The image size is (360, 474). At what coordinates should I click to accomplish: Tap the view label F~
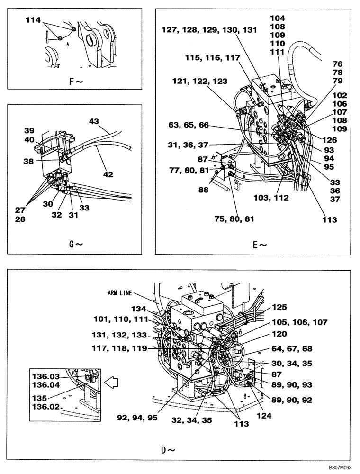point(76,81)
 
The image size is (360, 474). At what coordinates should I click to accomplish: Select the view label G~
point(76,245)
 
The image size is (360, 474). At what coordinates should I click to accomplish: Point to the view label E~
point(260,245)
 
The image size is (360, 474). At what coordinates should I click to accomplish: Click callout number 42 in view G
point(108,174)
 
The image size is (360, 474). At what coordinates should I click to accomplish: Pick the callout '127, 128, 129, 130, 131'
point(209,29)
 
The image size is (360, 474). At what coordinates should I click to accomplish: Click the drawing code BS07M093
point(339,469)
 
